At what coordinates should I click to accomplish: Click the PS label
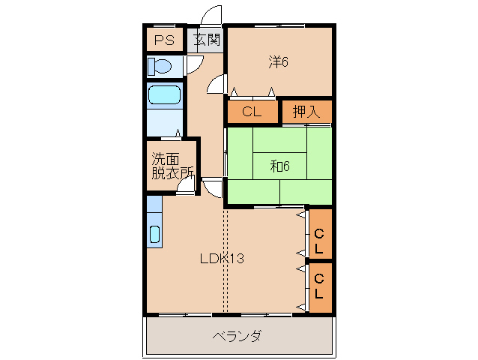(x=164, y=40)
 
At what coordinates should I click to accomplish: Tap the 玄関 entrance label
(x=207, y=40)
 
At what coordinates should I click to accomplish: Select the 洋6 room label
(x=279, y=62)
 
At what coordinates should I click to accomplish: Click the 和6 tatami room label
(x=279, y=166)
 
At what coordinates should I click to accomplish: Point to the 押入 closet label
(x=306, y=112)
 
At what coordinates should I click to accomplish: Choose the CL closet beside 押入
(x=252, y=112)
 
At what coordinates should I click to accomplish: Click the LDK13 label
(x=222, y=259)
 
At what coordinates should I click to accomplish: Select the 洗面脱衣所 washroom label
(x=171, y=165)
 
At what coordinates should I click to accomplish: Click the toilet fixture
(x=160, y=66)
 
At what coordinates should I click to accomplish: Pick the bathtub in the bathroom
(x=164, y=95)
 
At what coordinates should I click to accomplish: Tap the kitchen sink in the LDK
(x=154, y=233)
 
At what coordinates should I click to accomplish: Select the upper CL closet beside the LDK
(x=319, y=234)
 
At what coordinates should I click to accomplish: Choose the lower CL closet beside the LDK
(x=319, y=287)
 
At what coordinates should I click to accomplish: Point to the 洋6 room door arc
(x=217, y=85)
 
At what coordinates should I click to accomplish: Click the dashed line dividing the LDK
(x=225, y=262)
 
